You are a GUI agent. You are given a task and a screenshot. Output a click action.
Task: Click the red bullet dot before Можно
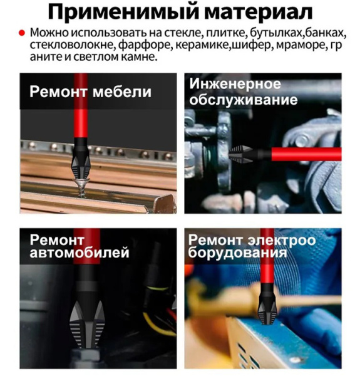tap(22, 33)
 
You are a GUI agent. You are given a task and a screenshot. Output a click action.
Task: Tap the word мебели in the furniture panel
tap(122, 91)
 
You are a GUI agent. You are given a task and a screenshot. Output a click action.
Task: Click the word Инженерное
tap(235, 84)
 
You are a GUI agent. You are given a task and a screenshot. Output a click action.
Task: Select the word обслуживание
tap(244, 100)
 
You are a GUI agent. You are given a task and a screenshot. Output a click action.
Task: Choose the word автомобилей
tap(80, 253)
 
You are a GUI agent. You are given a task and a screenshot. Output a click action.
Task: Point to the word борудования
tap(237, 253)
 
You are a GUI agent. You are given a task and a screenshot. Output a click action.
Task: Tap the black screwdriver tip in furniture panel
tap(81, 159)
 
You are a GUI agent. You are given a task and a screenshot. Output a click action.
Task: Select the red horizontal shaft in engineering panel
tap(306, 154)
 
